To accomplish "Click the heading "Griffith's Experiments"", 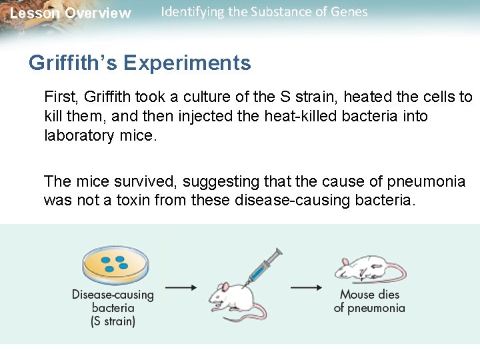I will (139, 63).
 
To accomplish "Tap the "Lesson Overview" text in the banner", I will (71, 13).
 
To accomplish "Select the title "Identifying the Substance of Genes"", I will (264, 12).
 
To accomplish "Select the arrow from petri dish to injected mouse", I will (180, 288).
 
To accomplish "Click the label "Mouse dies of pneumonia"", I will (369, 301).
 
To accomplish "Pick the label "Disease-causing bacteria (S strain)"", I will (113, 308).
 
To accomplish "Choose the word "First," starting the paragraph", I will (61, 97).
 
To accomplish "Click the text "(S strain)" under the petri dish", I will (113, 321).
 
